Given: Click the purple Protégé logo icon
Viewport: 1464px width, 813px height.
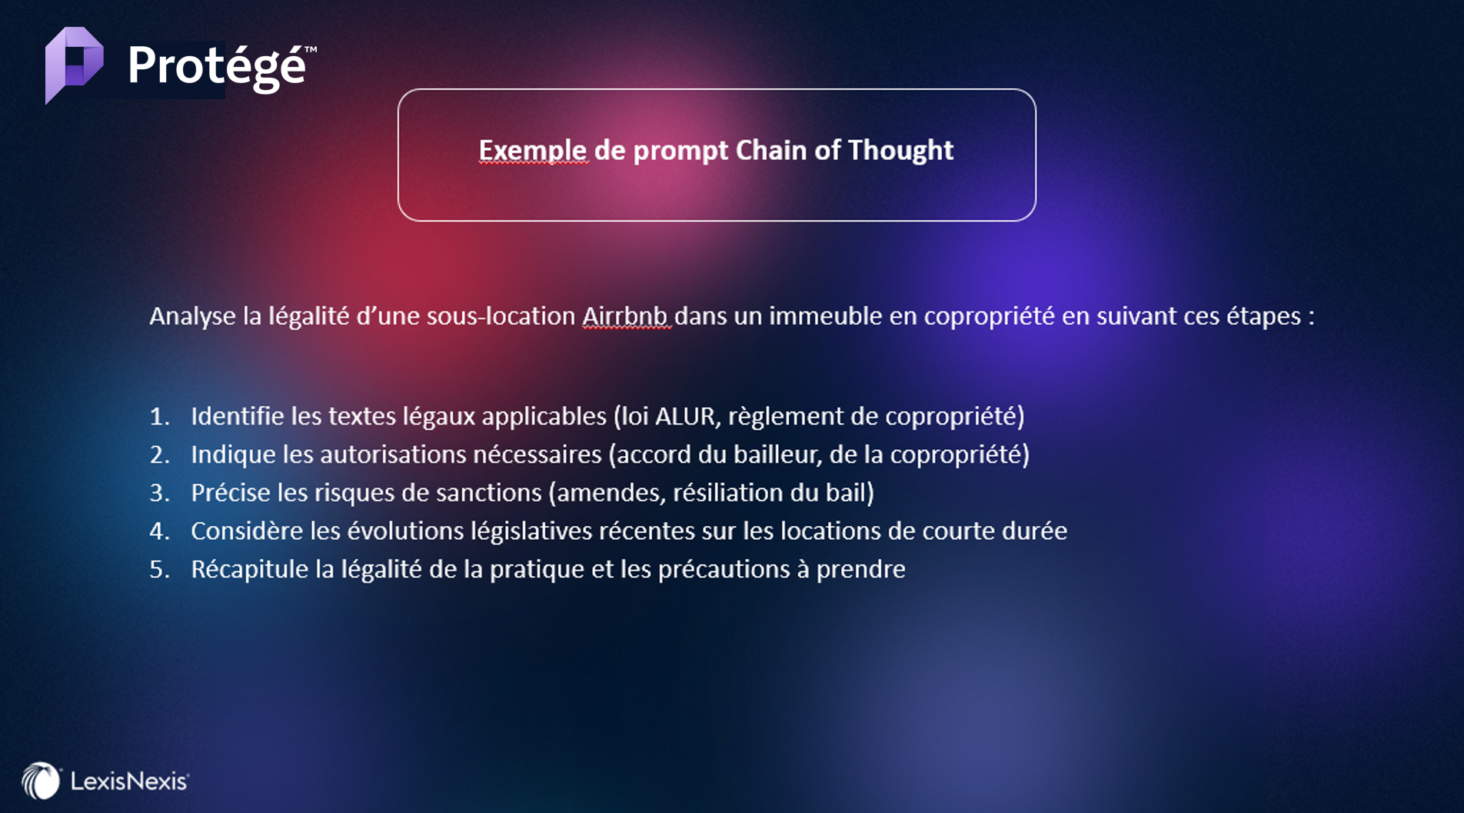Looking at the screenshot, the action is coord(74,65).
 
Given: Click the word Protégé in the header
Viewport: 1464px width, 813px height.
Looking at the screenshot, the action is coord(217,66).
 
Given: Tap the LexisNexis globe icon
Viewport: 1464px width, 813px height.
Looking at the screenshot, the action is coord(41,781).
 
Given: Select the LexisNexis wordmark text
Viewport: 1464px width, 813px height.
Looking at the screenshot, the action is coord(129,781).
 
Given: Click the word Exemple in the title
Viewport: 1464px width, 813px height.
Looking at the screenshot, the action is coord(534,151).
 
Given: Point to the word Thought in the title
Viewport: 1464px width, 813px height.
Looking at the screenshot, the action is coord(900,150).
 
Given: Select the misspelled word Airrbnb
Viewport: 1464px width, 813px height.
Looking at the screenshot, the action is coord(625,316).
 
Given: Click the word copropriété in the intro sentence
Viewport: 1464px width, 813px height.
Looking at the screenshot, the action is coord(989,317).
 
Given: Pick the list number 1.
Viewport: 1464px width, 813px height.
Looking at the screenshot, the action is coord(158,416).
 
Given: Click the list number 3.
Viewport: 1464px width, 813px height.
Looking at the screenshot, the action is coord(158,493).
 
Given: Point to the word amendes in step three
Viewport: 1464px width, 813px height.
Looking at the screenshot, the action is coord(608,493).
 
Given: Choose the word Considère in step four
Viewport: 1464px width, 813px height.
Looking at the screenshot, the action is coord(247,531).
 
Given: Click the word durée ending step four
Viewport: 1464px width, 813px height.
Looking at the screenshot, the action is coord(1034,531).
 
